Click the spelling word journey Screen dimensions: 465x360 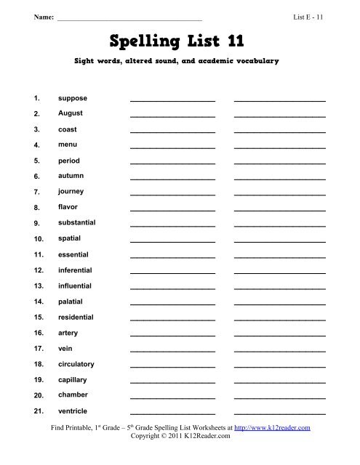pos(71,191)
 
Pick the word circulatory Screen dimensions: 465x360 pos(76,363)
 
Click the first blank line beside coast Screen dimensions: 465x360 pos(172,132)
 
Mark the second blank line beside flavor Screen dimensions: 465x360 pos(279,210)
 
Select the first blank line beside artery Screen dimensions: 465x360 pos(172,335)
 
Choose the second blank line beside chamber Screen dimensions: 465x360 pos(279,397)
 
